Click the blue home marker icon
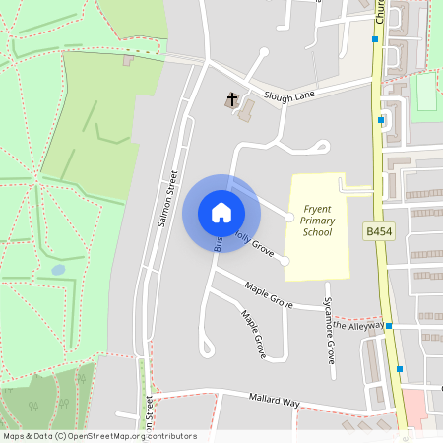(x=221, y=213)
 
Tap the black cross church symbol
(x=233, y=98)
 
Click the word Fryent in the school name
(x=318, y=209)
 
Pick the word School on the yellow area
(x=317, y=232)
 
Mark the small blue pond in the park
(x=58, y=269)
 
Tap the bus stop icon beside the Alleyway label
(x=390, y=325)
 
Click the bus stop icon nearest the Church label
(x=375, y=39)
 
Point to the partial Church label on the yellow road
(x=379, y=12)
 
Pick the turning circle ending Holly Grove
(x=284, y=261)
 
